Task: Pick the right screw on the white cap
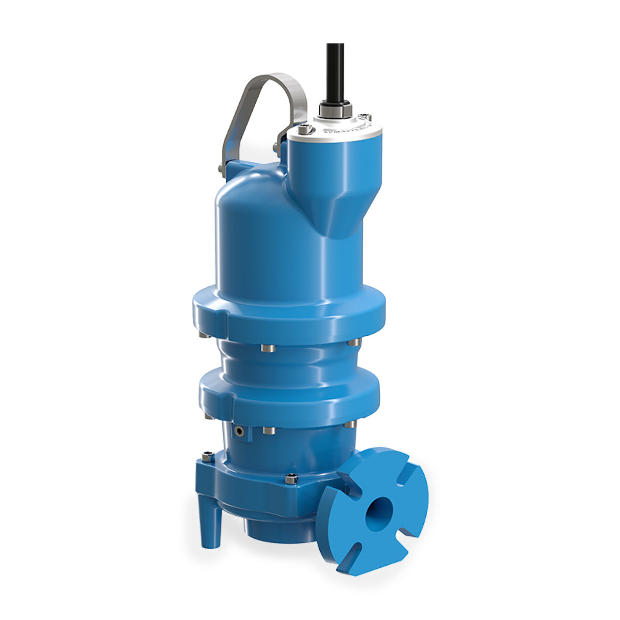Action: (x=366, y=118)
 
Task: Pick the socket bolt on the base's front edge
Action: (x=291, y=479)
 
